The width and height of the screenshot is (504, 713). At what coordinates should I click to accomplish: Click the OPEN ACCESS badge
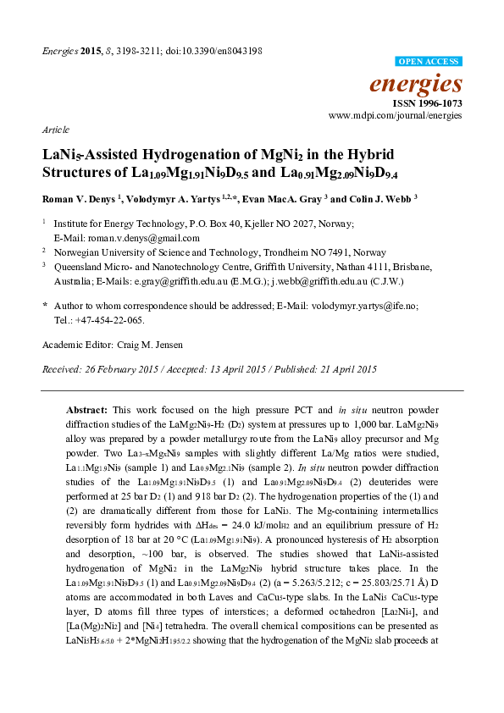click(x=429, y=62)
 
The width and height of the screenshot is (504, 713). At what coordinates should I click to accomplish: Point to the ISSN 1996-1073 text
click(x=432, y=102)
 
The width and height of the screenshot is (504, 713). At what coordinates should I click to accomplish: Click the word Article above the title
click(x=54, y=132)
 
